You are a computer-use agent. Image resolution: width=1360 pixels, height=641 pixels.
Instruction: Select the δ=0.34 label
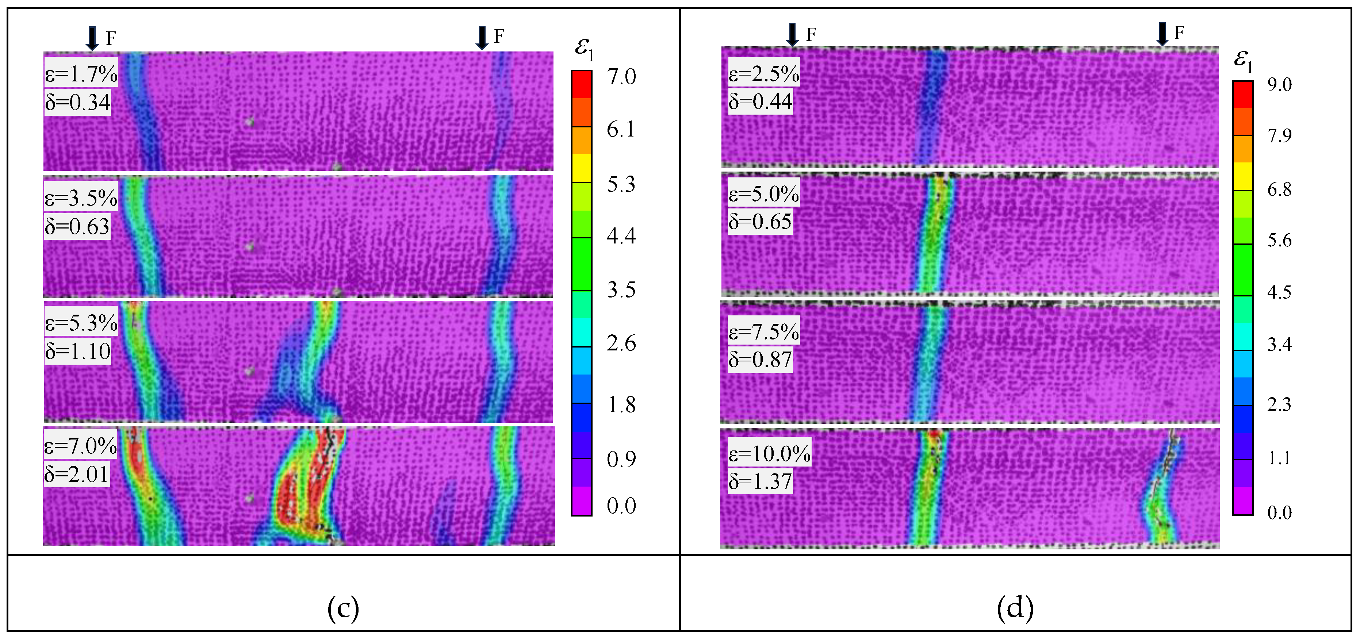click(78, 102)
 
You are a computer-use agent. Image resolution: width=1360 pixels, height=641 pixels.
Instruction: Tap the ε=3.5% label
click(81, 198)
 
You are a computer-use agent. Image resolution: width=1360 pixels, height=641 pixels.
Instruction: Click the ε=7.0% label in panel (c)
click(80, 446)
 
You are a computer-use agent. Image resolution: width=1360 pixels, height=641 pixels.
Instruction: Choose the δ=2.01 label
click(77, 473)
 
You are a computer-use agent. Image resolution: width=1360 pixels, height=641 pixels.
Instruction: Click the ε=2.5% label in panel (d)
click(764, 73)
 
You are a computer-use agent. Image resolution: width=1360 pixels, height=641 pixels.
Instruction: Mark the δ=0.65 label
click(760, 221)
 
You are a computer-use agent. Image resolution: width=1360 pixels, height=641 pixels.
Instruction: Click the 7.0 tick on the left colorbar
click(621, 77)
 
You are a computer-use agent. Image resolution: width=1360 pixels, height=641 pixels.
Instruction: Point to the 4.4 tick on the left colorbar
click(621, 235)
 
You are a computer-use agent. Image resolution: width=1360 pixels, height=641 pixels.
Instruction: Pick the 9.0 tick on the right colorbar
click(1280, 84)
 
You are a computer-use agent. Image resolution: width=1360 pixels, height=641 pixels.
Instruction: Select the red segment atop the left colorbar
click(581, 84)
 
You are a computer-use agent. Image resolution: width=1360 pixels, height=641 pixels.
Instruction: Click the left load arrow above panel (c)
click(92, 38)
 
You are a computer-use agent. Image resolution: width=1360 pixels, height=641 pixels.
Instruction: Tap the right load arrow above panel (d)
click(1162, 34)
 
